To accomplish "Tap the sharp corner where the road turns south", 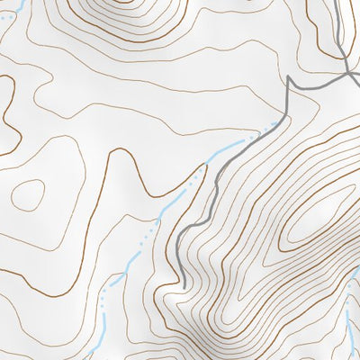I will point(288,79).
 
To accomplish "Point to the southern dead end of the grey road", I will point(183,286).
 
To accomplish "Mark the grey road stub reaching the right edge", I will point(355,83).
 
